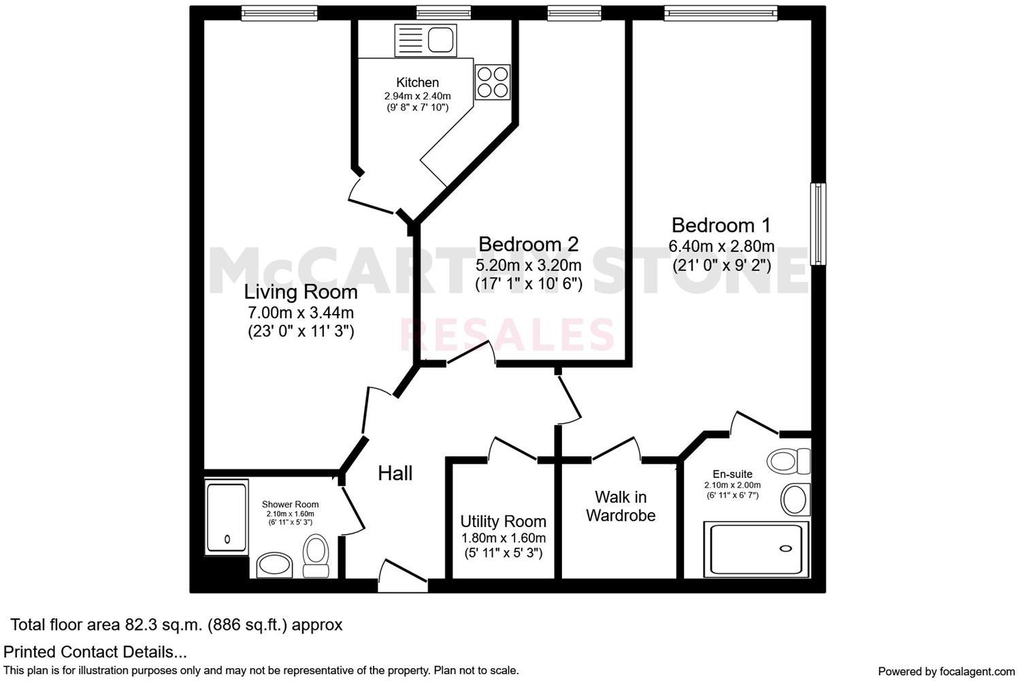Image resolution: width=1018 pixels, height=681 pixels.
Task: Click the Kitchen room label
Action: point(417,82)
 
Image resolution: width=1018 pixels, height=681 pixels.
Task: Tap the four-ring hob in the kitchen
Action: point(493,82)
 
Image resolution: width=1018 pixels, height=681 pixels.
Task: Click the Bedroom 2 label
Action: point(528,244)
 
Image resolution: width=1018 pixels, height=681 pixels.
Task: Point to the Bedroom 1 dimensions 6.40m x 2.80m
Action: point(721,246)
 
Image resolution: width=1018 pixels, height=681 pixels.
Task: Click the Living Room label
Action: point(301,292)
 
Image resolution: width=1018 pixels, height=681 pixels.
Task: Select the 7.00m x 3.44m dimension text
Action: point(301,313)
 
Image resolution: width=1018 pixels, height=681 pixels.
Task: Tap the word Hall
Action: point(395,473)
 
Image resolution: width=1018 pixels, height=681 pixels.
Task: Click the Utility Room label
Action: point(503,522)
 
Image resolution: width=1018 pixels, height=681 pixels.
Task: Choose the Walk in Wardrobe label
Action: point(621,506)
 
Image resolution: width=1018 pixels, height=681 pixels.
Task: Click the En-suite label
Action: point(732,474)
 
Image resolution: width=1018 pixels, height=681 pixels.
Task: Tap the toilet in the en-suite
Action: point(789,462)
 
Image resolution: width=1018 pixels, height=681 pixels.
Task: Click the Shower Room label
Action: point(290,505)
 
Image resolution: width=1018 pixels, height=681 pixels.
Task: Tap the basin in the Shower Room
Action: point(275,565)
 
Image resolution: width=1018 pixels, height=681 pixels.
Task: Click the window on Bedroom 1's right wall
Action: point(819,223)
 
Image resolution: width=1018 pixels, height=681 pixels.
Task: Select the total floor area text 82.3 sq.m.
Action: point(176,624)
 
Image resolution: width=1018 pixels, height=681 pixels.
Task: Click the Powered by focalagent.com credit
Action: point(946,671)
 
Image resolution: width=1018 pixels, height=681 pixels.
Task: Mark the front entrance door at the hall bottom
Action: point(402,573)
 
